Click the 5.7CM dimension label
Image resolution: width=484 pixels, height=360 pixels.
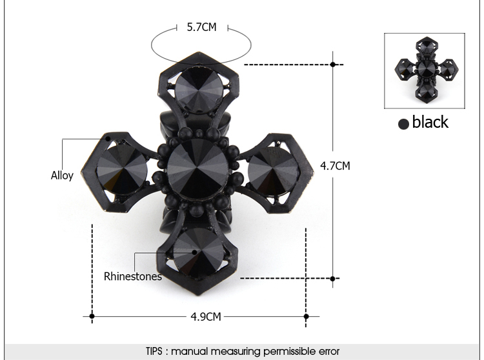coord(201,27)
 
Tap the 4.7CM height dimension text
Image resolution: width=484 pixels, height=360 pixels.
coord(335,166)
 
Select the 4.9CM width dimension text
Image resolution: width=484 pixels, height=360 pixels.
coord(206,317)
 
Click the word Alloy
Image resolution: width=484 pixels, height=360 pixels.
coord(62,176)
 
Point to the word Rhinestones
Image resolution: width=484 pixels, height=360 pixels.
coord(133,276)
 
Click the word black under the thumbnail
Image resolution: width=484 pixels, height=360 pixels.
coord(430,121)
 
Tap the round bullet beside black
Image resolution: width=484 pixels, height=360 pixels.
coord(403,124)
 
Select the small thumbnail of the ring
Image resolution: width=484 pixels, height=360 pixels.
coord(425,70)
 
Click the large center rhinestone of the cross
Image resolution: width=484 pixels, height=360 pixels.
coord(197,168)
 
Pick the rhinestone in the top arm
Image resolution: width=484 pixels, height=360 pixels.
coord(199,89)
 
